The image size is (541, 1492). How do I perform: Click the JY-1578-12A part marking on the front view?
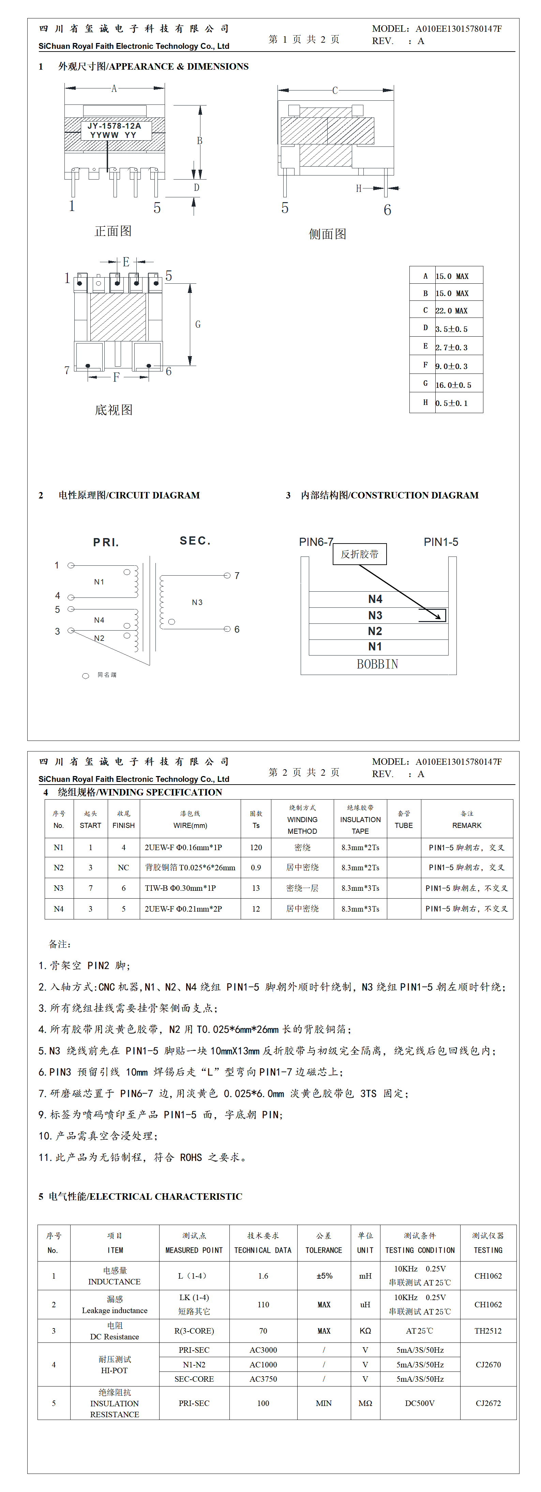coord(114,126)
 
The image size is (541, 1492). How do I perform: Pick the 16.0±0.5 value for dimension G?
coord(453,385)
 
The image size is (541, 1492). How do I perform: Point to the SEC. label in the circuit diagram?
coord(195,541)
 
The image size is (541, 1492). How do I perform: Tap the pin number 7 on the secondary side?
coord(237,575)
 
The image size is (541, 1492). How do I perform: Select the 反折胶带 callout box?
coord(359,554)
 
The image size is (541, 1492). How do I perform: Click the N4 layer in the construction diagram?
coord(375,599)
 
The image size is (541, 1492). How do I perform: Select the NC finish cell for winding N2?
coord(123,868)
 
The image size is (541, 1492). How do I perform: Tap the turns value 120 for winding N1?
coord(256,847)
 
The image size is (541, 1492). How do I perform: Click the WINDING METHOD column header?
coord(302,819)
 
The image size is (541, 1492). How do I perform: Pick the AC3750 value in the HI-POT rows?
coord(263,1379)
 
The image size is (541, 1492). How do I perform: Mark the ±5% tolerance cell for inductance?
coord(324,1276)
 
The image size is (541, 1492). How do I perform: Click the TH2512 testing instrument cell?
coord(488,1331)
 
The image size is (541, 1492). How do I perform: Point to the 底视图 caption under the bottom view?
coord(114,410)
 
